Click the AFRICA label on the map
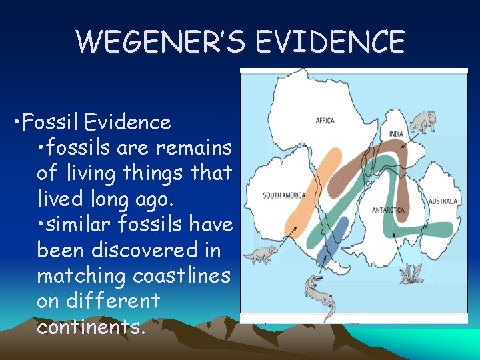(325, 121)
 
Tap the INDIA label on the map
(396, 133)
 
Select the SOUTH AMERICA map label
(284, 195)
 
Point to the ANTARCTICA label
(388, 210)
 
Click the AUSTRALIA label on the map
(443, 201)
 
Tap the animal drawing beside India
(423, 122)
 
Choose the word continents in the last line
(90, 327)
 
